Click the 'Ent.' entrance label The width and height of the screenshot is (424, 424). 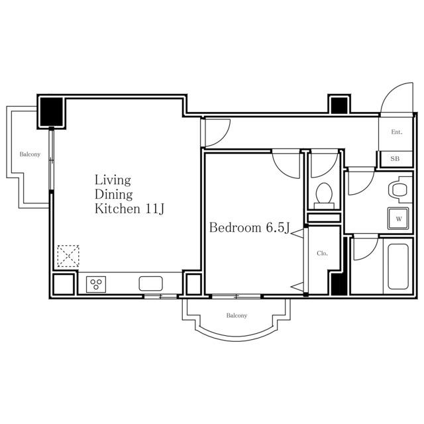[x=396, y=132]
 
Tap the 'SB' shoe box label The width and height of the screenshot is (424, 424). [x=395, y=159]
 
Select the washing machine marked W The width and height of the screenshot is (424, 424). [x=398, y=219]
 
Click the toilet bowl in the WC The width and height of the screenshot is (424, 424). [x=324, y=193]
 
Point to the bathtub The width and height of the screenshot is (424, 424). [x=397, y=266]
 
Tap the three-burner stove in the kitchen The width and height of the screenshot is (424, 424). [x=96, y=284]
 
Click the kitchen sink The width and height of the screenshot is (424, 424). [x=151, y=284]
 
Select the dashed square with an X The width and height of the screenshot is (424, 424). [x=68, y=256]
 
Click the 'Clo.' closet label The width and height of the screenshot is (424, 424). [x=322, y=253]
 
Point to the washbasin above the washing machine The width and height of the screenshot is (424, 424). [x=399, y=190]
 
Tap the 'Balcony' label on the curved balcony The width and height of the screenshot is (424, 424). [x=237, y=315]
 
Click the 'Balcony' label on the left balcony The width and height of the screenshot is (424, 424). [x=30, y=154]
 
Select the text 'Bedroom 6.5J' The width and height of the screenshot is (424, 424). [x=250, y=228]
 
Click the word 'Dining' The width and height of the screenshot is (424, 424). [x=113, y=195]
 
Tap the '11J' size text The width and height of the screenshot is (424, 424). [x=155, y=209]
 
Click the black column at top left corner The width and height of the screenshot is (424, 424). [x=52, y=112]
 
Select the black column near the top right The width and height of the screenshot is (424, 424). [x=339, y=105]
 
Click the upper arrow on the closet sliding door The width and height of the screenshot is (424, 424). [x=297, y=233]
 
